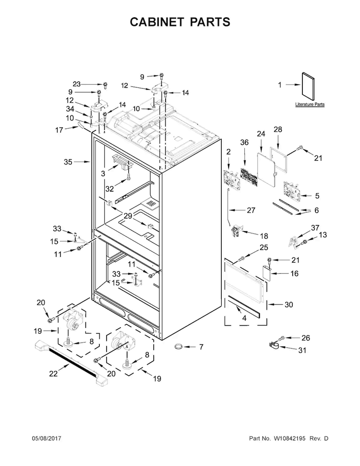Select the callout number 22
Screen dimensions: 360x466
(x=53, y=373)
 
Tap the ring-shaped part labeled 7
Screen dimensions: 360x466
(x=178, y=346)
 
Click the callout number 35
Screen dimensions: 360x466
(x=68, y=162)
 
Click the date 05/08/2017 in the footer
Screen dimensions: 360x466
(x=47, y=438)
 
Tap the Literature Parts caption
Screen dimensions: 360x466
(x=310, y=104)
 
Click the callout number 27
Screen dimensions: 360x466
(x=251, y=210)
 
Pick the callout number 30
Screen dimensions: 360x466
(x=288, y=305)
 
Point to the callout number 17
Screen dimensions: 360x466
(x=59, y=130)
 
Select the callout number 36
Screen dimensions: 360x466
(x=244, y=142)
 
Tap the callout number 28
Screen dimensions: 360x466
(x=278, y=129)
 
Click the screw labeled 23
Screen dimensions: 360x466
(x=105, y=85)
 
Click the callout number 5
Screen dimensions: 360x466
(x=317, y=196)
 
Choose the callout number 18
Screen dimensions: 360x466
(x=264, y=236)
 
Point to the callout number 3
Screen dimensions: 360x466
(x=103, y=173)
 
